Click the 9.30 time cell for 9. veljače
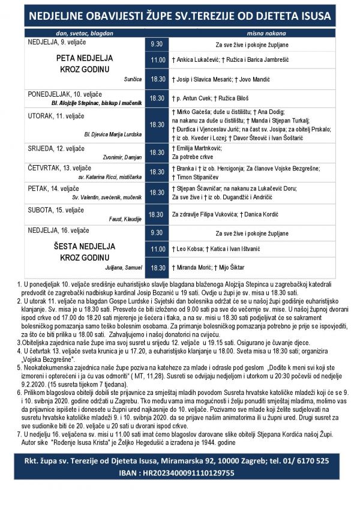pyautogui.click(x=157, y=44)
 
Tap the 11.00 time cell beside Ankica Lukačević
pyautogui.click(x=157, y=60)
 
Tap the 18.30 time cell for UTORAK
pyautogui.click(x=157, y=124)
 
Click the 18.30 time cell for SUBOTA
pyautogui.click(x=157, y=214)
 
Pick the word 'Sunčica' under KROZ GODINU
pyautogui.click(x=133, y=79)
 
